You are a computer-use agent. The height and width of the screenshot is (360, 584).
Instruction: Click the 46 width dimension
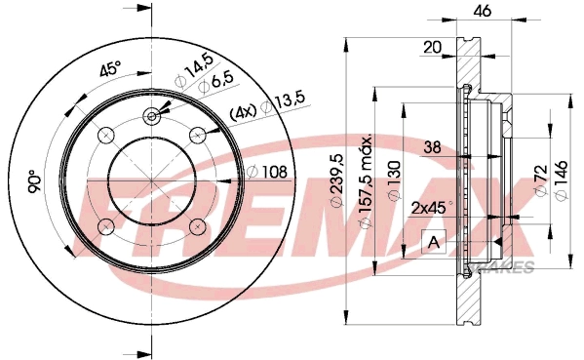point(483,11)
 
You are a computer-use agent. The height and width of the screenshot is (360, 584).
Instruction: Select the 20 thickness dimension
point(433,48)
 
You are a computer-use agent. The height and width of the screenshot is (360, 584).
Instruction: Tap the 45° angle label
point(110,68)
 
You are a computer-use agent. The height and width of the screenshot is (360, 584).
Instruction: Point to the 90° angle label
point(35,181)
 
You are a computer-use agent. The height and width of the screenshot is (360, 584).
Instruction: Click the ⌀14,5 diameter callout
point(194,71)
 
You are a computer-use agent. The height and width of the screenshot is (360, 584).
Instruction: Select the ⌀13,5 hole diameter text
point(284,102)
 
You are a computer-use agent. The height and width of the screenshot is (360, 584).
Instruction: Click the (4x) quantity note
point(243,111)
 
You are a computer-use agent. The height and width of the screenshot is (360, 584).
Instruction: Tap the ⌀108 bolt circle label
point(267,172)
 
